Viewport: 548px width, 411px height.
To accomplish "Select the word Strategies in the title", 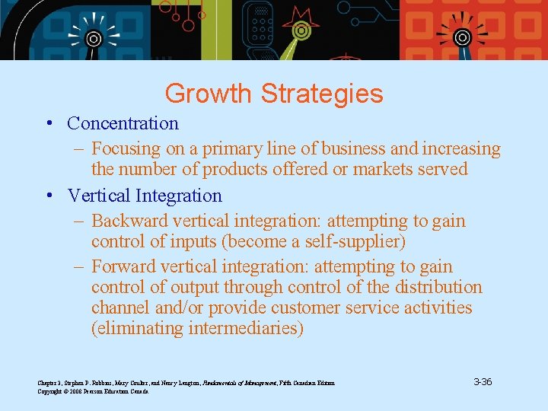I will [x=321, y=94].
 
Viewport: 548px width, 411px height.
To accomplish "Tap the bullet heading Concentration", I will [x=123, y=123].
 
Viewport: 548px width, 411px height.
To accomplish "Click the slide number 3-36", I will [x=482, y=381].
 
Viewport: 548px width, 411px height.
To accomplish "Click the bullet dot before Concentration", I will [x=48, y=124].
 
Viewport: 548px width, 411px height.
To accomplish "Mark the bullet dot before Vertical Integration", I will [x=48, y=196].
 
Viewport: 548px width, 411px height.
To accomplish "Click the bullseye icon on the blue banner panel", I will [x=94, y=38].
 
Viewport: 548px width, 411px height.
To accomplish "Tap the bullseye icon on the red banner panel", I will [x=462, y=37].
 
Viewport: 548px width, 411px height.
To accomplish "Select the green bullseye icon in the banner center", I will [x=301, y=32].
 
